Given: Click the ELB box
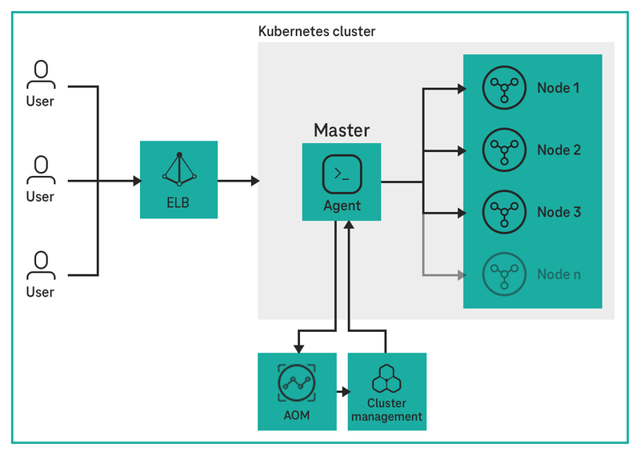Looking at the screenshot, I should click(178, 180).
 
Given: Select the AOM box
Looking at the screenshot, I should click(296, 392).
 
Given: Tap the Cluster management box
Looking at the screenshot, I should click(387, 392).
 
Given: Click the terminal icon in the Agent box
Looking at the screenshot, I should click(342, 174).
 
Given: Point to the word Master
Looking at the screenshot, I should click(342, 130).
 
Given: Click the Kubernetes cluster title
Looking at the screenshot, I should click(317, 31).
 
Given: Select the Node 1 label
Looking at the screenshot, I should click(558, 87).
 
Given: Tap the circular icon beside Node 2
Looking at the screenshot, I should click(503, 150).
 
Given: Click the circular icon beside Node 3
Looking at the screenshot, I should click(503, 212).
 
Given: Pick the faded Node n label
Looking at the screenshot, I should click(558, 274).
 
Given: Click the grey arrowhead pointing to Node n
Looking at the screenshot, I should click(461, 275).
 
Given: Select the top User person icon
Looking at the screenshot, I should click(40, 74).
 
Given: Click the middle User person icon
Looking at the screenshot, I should click(40, 170).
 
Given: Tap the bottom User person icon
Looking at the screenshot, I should click(40, 265).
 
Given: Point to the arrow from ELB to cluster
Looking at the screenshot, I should click(238, 182).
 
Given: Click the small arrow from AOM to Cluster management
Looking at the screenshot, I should click(343, 393).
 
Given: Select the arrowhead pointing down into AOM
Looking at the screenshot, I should click(298, 347).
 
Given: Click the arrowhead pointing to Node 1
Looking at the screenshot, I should click(461, 88).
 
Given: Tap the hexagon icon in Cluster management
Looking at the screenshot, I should click(387, 377).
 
